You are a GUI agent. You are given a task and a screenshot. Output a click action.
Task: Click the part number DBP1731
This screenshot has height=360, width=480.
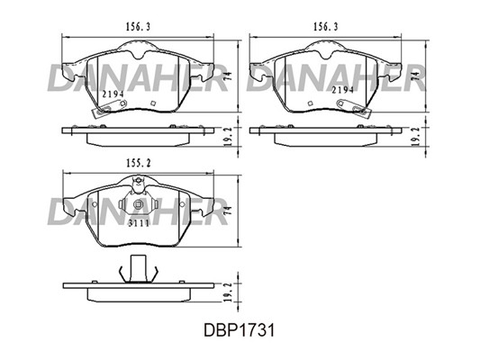pyautogui.click(x=240, y=330)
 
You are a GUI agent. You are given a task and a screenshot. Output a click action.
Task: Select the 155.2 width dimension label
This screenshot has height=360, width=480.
pyautogui.click(x=139, y=164)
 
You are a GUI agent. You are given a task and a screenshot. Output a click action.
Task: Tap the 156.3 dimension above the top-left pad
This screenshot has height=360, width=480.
pyautogui.click(x=138, y=27)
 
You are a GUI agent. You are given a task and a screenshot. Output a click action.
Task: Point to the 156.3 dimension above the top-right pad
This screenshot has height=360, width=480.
pyautogui.click(x=326, y=27)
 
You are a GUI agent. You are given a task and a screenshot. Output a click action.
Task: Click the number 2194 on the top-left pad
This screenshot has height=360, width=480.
pyautogui.click(x=113, y=94)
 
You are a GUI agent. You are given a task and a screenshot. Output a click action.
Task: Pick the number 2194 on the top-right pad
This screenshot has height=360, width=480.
pyautogui.click(x=343, y=90)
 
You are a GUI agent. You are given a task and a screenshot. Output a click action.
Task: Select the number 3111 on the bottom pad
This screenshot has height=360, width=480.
pyautogui.click(x=139, y=223)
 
